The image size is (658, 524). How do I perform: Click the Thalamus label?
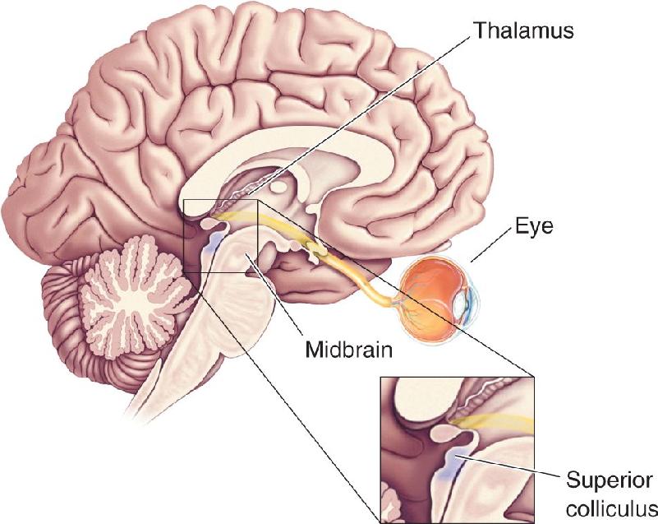pyautogui.click(x=523, y=30)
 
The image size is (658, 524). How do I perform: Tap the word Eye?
pyautogui.click(x=534, y=227)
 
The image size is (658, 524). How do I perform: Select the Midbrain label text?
pyautogui.click(x=349, y=349)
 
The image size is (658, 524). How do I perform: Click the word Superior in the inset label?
pyautogui.click(x=610, y=480)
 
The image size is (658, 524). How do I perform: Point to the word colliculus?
pyautogui.click(x=612, y=510)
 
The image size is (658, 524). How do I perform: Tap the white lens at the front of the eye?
pyautogui.click(x=461, y=304)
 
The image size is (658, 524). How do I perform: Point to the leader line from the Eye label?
pyautogui.click(x=492, y=245)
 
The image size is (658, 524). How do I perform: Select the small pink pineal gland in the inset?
pyautogui.click(x=448, y=433)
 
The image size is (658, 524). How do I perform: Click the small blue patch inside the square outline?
pyautogui.click(x=211, y=243)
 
